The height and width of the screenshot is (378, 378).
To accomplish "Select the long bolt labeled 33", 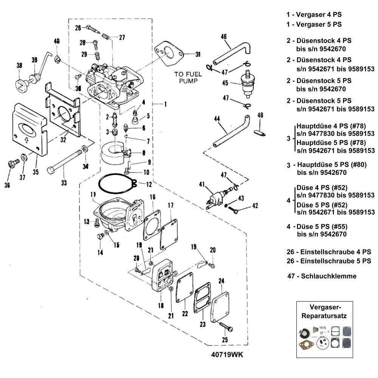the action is pyautogui.click(x=65, y=162).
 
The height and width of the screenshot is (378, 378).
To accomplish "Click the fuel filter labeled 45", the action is pyautogui.click(x=248, y=84).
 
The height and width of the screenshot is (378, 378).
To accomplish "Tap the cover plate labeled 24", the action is pyautogui.click(x=220, y=307).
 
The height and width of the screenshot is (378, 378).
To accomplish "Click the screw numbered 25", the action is pyautogui.click(x=226, y=327).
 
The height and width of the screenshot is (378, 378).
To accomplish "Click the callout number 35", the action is pyautogui.click(x=36, y=172).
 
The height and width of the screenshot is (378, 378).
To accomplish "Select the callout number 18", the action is pyautogui.click(x=161, y=305).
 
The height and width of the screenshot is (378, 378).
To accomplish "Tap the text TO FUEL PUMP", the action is pyautogui.click(x=188, y=77).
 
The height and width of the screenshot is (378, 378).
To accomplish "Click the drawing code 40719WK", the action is pyautogui.click(x=227, y=355).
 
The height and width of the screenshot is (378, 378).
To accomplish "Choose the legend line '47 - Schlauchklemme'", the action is pyautogui.click(x=322, y=276).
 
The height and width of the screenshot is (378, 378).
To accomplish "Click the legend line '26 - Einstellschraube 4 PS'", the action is pyautogui.click(x=329, y=252).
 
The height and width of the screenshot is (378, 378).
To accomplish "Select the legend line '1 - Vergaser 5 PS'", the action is pyautogui.click(x=314, y=24).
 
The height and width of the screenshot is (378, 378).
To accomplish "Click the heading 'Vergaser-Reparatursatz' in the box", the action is pyautogui.click(x=324, y=311).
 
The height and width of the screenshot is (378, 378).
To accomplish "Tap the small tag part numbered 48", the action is pyautogui.click(x=260, y=133).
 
